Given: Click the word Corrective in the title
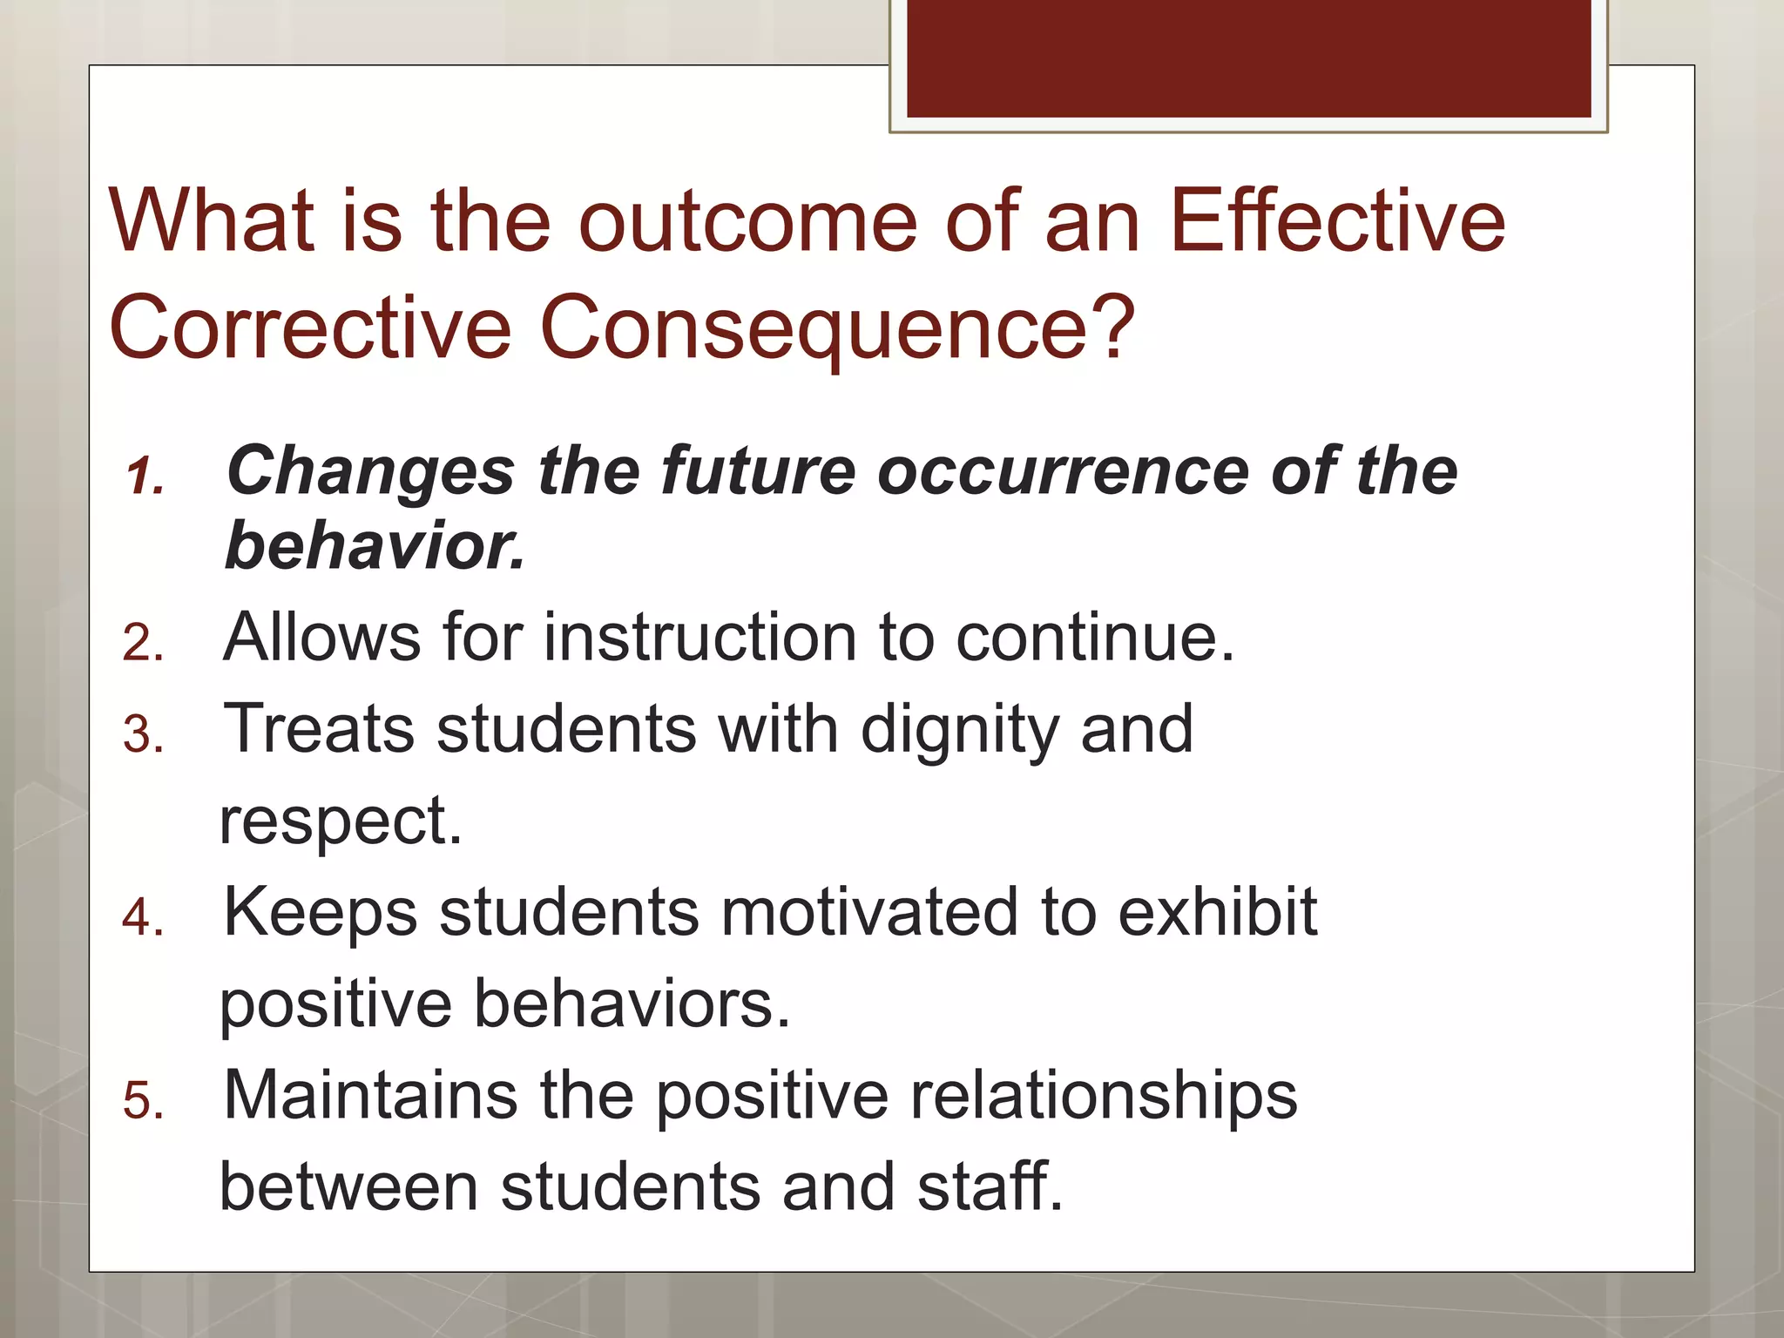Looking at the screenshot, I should (310, 328).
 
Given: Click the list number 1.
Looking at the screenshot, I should (144, 477).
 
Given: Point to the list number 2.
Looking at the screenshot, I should (144, 644).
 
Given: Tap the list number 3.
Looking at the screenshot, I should (144, 734).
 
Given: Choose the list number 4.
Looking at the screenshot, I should (144, 917).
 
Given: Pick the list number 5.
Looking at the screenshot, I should (144, 1100).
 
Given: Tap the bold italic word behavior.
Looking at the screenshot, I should (375, 546).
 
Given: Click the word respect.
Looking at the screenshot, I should (340, 821).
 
